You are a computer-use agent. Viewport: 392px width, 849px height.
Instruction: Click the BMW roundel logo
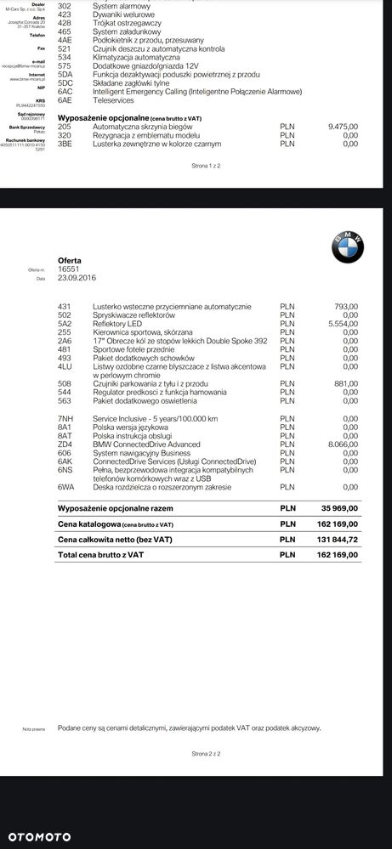tap(347, 246)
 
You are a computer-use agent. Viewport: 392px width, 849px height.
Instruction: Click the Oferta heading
tap(70, 260)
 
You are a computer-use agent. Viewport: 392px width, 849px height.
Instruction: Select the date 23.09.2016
tap(77, 278)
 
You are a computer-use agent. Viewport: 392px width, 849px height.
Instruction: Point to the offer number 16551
tap(68, 269)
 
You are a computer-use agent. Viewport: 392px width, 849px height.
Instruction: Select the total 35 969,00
tap(338, 507)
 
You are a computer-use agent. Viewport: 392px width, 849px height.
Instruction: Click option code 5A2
tap(65, 324)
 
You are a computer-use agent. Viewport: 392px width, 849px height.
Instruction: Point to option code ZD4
tap(65, 444)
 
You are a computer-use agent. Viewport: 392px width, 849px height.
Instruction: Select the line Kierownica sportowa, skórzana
tap(143, 332)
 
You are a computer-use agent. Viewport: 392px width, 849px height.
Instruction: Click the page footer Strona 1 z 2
tap(206, 167)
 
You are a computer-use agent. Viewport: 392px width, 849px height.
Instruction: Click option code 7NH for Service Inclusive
tap(65, 419)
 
